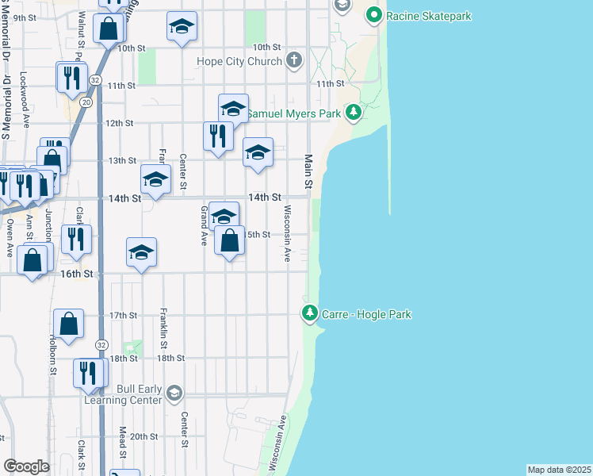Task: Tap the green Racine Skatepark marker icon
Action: point(374,14)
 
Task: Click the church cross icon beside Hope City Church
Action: point(294,60)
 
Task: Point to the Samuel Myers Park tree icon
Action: point(354,113)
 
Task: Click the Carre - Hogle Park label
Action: point(366,314)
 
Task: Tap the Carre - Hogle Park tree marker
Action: point(310,314)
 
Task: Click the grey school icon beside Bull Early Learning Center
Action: point(174,393)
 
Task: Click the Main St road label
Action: point(308,168)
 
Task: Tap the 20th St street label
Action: point(144,436)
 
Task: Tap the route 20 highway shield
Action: point(86,102)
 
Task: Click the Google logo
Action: point(26,466)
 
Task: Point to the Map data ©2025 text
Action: point(559,470)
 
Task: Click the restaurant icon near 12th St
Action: point(217,136)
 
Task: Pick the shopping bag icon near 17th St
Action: point(69,324)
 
